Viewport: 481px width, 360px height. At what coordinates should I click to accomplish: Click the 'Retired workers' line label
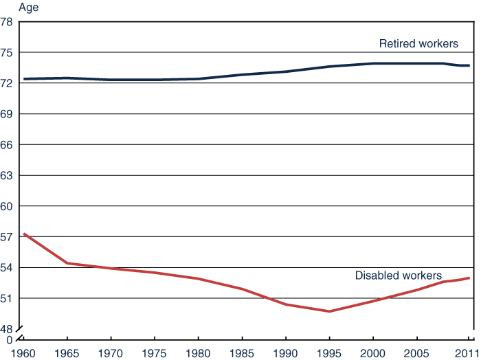point(418,44)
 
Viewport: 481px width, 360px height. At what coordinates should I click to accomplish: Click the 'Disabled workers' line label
point(398,275)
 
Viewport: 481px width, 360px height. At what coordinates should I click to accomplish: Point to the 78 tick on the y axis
point(8,22)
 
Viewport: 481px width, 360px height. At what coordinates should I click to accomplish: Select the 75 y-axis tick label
point(8,53)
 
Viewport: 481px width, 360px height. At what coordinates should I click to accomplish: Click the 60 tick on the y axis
point(8,207)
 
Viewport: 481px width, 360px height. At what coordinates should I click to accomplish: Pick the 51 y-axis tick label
point(8,299)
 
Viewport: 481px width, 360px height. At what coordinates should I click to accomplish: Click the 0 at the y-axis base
point(10,339)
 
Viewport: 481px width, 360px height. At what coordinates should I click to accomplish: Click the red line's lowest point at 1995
point(330,311)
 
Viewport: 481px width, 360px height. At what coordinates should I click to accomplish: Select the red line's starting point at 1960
point(24,234)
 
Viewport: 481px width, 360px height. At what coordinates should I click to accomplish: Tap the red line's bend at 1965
point(67,263)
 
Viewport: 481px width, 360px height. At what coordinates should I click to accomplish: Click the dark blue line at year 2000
point(373,63)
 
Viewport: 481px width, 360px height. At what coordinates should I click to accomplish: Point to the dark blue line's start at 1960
point(24,79)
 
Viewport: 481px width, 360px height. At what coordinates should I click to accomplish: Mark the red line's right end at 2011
point(469,278)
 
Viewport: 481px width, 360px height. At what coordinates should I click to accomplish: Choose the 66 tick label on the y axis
point(8,145)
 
